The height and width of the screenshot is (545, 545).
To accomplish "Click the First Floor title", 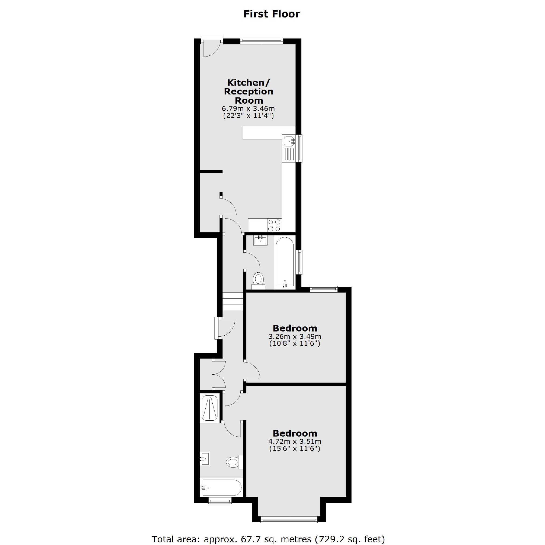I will pos(271,14).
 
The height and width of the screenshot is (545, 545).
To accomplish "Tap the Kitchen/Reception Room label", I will pos(248,92).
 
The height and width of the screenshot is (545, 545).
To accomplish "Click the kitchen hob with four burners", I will pos(274,225).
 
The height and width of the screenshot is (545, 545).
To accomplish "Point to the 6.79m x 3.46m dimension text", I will pos(248,108).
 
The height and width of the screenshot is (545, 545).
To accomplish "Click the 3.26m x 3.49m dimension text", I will pos(295,336).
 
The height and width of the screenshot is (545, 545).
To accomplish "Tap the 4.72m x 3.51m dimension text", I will pos(295,441).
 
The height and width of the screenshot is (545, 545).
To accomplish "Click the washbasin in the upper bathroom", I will pos(260,241).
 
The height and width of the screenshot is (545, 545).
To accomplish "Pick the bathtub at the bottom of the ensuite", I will pos(221,487).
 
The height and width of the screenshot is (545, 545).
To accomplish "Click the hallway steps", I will pos(233,302).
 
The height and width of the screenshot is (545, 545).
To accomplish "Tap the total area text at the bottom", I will pos(268,539).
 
